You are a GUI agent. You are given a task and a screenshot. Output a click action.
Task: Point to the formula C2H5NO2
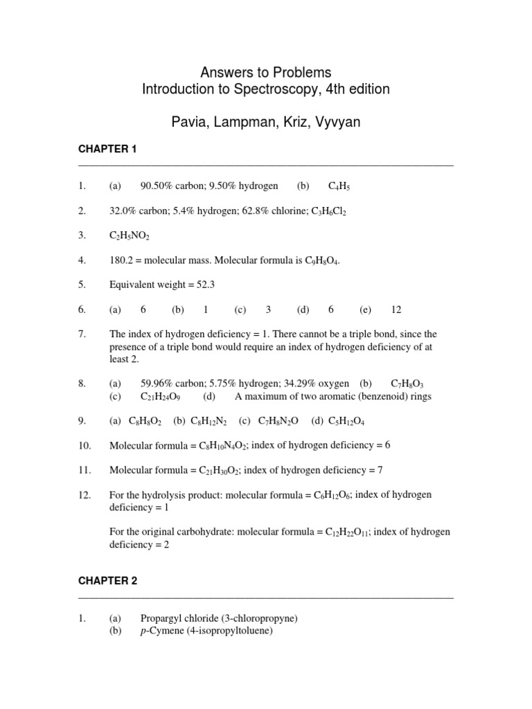pyautogui.click(x=130, y=236)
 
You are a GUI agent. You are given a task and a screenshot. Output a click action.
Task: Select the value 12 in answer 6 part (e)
pyautogui.click(x=396, y=309)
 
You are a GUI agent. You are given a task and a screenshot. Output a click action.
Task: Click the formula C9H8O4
pyautogui.click(x=322, y=261)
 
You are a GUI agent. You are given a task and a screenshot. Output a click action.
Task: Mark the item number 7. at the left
pyautogui.click(x=82, y=334)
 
